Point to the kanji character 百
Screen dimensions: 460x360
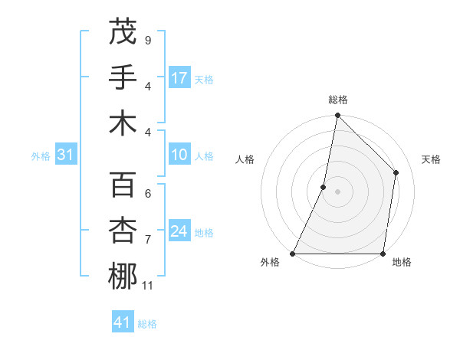123,185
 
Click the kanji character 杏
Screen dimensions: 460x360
123,231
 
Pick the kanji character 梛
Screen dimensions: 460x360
123,276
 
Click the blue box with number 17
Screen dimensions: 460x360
179,77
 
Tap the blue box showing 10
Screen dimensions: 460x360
179,155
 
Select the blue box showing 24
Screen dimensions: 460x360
179,231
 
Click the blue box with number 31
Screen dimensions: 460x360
65,155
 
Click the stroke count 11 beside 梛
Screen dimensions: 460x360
149,286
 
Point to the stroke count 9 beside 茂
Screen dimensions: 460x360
148,40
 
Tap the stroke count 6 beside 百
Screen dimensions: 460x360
148,193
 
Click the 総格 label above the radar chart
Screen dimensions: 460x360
338,100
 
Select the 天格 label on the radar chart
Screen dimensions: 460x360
431,159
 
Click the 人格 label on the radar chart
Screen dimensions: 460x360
245,159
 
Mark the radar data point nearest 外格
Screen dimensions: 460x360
294,254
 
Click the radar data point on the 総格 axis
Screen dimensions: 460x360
338,116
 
